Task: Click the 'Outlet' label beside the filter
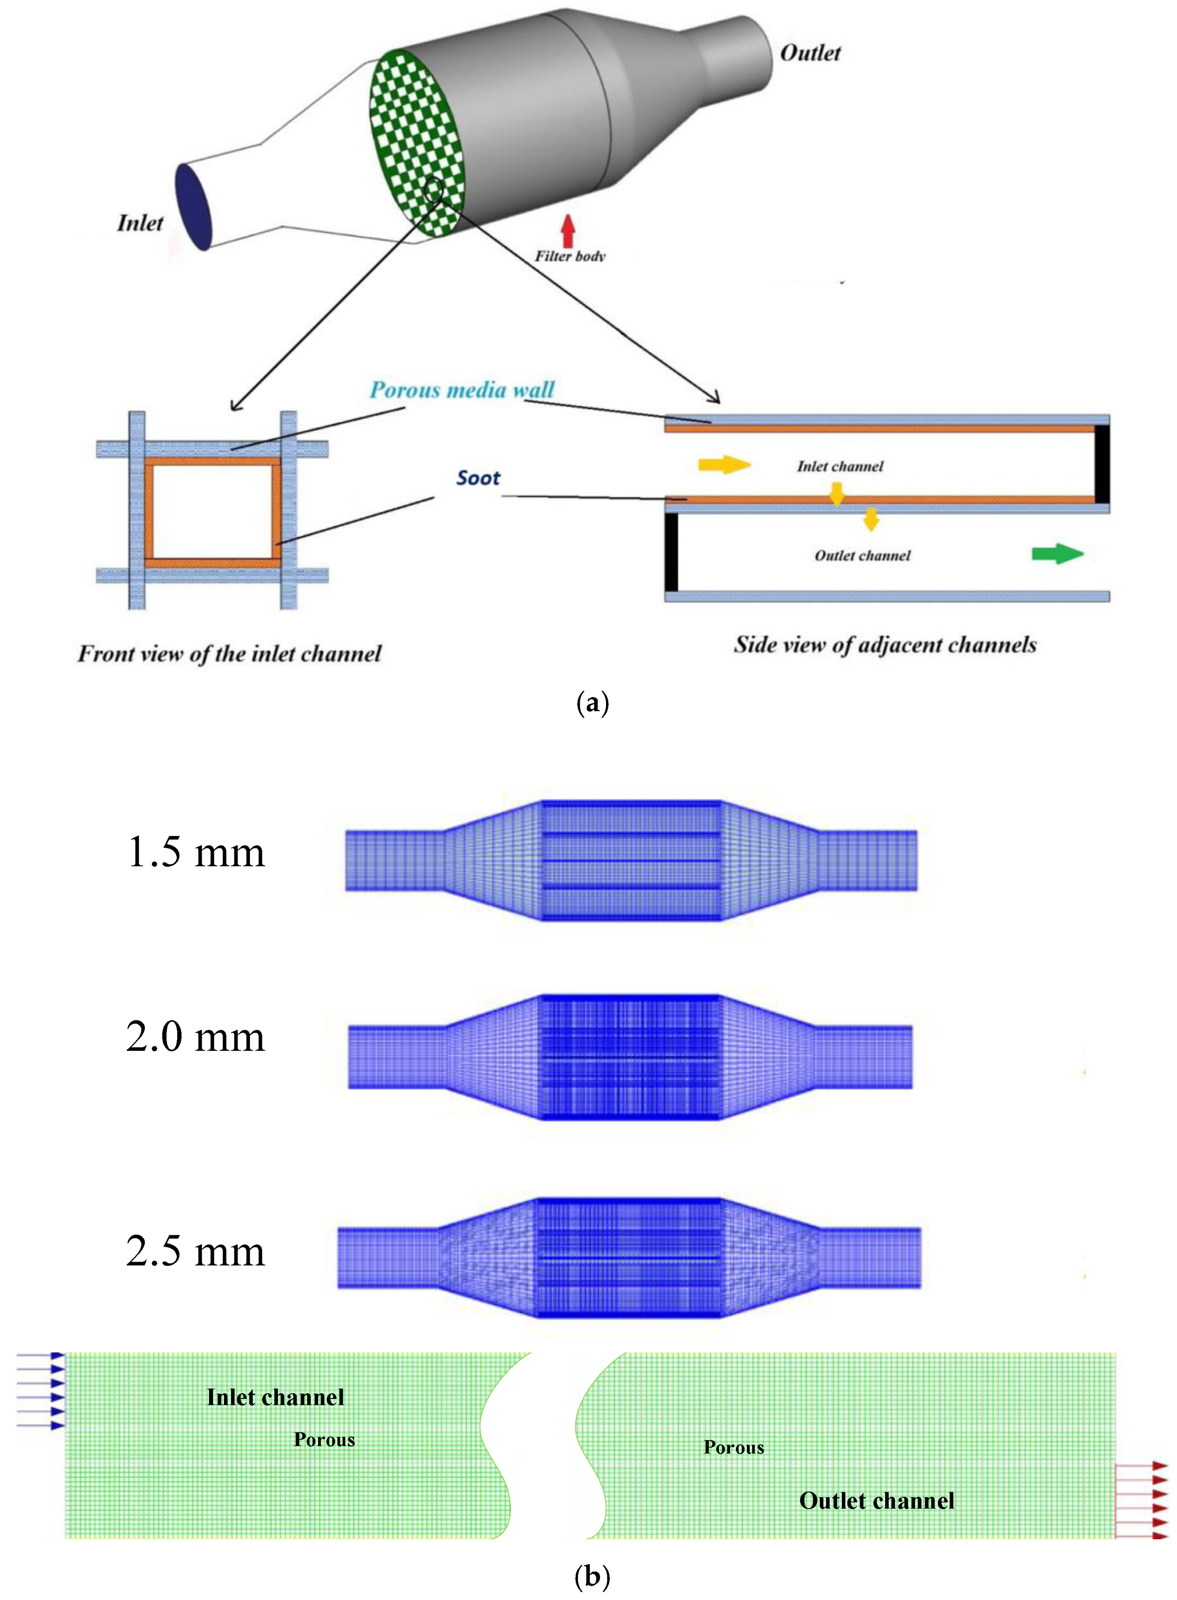click(810, 53)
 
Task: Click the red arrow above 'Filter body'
click(568, 231)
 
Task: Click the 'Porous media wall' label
click(462, 390)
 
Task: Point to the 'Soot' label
click(478, 478)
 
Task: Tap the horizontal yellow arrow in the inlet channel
click(724, 465)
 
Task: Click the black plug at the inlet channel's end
click(1101, 464)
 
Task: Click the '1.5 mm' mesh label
click(195, 852)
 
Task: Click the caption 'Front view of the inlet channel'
click(229, 654)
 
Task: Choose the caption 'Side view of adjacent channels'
click(885, 645)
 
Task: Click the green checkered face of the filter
click(417, 143)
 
